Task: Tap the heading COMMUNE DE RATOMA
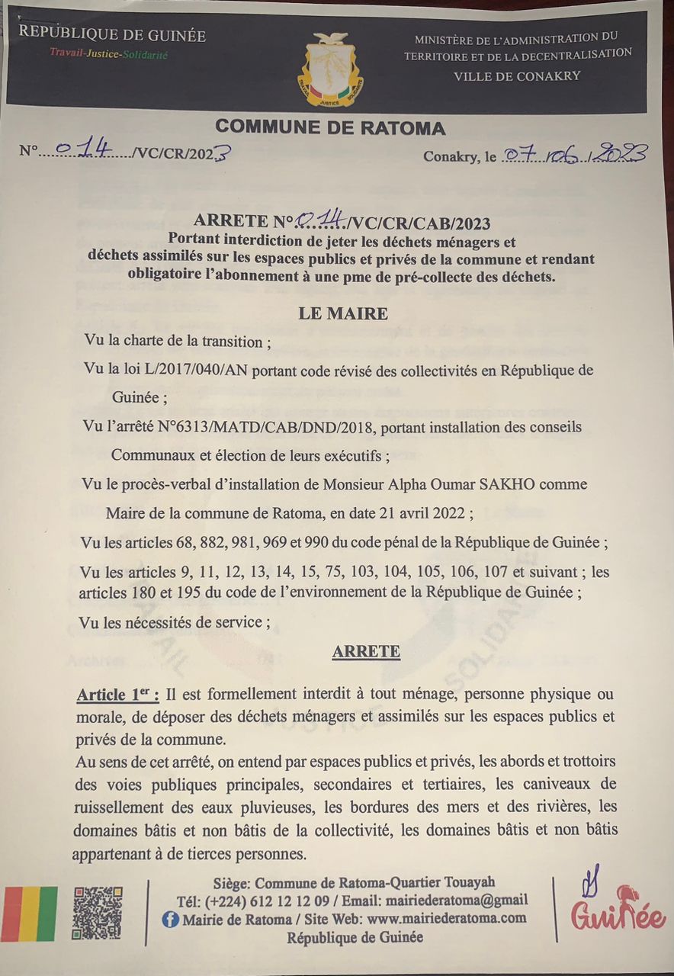(330, 127)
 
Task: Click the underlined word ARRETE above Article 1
(366, 651)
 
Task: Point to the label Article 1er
(117, 695)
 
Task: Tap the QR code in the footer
(97, 913)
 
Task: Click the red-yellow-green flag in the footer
(30, 913)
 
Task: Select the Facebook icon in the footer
(170, 919)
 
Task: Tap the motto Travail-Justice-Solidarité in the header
(108, 54)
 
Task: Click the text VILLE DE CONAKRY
(517, 75)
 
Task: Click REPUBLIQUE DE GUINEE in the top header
(112, 34)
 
